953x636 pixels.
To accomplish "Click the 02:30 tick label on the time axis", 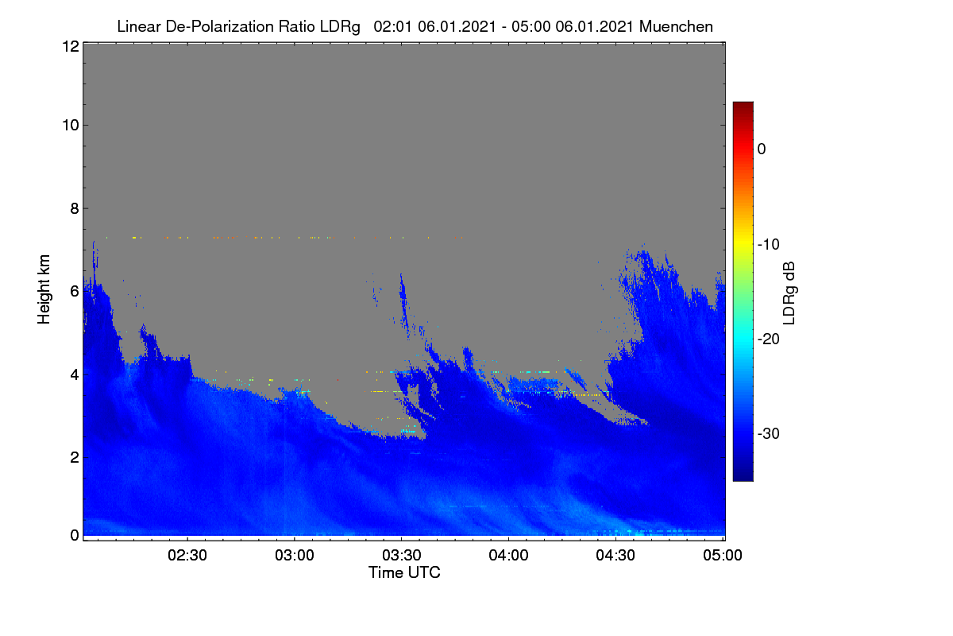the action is coord(187,556).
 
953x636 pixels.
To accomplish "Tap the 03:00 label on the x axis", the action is coord(295,556).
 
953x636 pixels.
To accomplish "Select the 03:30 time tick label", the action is coord(402,556).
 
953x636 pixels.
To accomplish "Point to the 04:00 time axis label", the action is coord(508,556).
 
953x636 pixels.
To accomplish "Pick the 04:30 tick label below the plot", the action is coord(615,556).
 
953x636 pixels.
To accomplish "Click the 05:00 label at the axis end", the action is coord(723,556).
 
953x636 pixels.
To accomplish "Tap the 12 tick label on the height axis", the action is coord(71,46).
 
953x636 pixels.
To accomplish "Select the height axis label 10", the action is coord(71,126).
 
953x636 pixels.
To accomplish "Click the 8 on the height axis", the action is coord(75,209).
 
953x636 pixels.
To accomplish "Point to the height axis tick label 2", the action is coord(75,457).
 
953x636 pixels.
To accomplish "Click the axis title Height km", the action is coord(44,289).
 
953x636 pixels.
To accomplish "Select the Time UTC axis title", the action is coord(404,573).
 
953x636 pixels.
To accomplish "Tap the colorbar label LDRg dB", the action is coord(789,293).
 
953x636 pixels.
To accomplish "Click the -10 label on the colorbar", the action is coord(769,245).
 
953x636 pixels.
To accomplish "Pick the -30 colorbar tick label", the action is coord(769,434).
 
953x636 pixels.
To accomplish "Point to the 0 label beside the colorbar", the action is coord(762,149).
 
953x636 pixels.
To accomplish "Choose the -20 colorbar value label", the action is coord(769,339).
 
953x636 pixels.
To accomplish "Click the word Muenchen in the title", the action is coord(676,27).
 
